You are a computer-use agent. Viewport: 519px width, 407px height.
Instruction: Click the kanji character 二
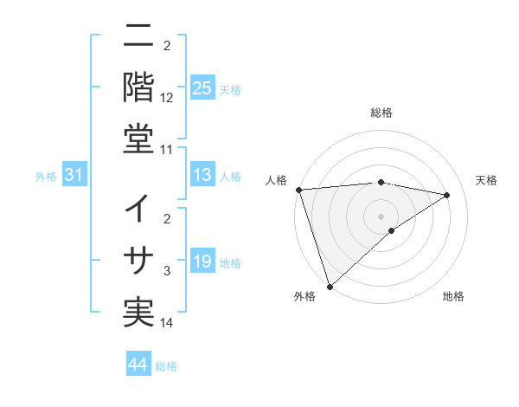(138, 38)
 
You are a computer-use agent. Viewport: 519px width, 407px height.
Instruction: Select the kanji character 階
(138, 87)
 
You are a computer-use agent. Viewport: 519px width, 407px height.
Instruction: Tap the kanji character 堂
(138, 138)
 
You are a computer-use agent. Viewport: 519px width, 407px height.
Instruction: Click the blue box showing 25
(202, 87)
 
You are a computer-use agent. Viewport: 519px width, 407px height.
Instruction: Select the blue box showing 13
(202, 176)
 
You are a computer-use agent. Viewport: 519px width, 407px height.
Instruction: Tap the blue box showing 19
(202, 262)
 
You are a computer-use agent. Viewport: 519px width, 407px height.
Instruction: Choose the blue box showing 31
(74, 176)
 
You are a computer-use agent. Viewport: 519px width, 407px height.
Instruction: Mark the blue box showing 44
(138, 365)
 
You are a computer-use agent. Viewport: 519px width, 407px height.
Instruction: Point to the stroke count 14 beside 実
(167, 324)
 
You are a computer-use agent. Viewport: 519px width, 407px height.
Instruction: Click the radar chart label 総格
(381, 113)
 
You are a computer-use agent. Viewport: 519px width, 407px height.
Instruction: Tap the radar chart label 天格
(487, 180)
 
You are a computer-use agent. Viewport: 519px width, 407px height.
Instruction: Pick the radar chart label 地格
(453, 297)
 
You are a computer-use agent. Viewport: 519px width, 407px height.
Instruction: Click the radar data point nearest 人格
(298, 190)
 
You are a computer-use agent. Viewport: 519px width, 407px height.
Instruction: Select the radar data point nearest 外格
(330, 286)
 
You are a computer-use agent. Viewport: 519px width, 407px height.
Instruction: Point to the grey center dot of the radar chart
(381, 216)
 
